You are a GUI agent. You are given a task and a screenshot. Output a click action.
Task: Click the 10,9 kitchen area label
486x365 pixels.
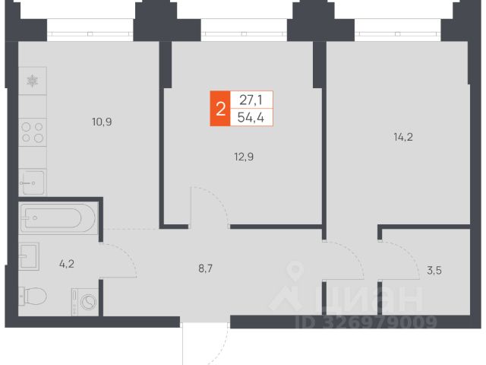tap(101, 121)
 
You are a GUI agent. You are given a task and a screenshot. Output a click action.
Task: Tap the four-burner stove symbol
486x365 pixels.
tap(32, 133)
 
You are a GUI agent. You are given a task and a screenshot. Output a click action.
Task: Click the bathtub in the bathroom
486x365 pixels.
tap(58, 218)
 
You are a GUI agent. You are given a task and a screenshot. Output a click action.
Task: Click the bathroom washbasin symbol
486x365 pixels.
tap(31, 256)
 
